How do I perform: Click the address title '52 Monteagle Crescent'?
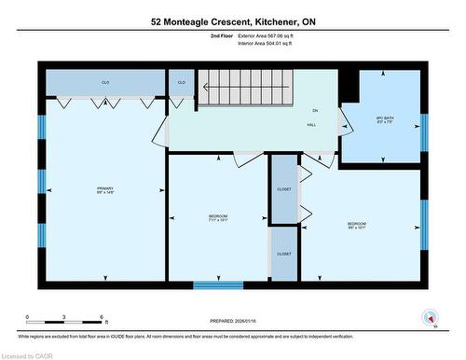click(233, 20)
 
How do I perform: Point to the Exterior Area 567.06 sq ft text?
click(271, 35)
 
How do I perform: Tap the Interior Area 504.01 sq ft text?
click(271, 42)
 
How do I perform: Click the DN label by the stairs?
click(315, 110)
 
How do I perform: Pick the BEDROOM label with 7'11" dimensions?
click(218, 218)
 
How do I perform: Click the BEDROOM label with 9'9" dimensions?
click(357, 225)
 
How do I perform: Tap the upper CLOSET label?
click(283, 189)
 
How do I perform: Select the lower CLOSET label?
click(283, 255)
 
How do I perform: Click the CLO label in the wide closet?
click(105, 83)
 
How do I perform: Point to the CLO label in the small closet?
click(181, 83)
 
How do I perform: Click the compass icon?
click(430, 319)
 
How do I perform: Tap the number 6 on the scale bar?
click(103, 318)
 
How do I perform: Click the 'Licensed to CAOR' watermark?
click(28, 353)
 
